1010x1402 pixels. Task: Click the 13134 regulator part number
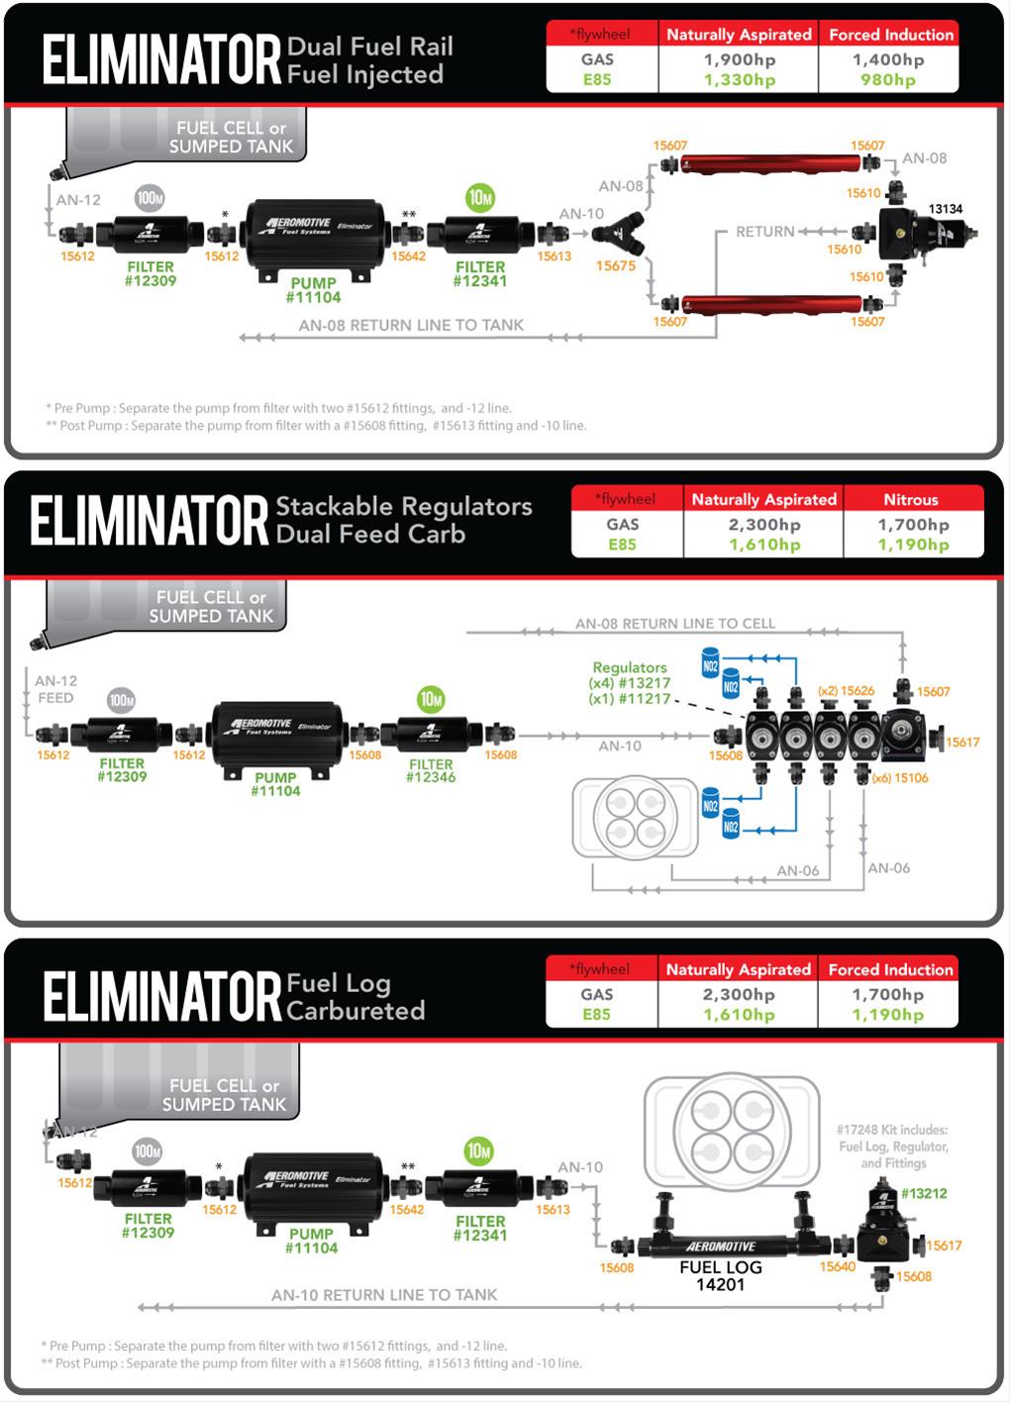tap(945, 209)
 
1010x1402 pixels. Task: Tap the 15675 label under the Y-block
tap(615, 265)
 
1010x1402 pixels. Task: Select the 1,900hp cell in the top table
tap(739, 59)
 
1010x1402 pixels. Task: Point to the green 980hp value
tap(887, 80)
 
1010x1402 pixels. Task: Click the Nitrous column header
tap(910, 499)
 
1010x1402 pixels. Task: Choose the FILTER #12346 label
tap(431, 770)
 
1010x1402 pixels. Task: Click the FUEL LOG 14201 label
tap(720, 1275)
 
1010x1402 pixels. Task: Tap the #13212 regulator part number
tap(923, 1193)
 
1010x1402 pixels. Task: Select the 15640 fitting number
tap(837, 1266)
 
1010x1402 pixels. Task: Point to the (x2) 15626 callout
tap(846, 690)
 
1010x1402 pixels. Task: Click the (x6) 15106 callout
tap(899, 778)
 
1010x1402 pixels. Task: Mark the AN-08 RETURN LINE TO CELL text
tap(674, 624)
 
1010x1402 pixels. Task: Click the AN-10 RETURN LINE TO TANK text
tap(384, 1294)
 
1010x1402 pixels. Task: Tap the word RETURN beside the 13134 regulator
tap(764, 232)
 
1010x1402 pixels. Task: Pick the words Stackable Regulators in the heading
tap(403, 506)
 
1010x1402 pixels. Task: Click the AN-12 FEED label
tap(55, 689)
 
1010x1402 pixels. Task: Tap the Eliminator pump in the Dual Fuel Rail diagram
tap(315, 233)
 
